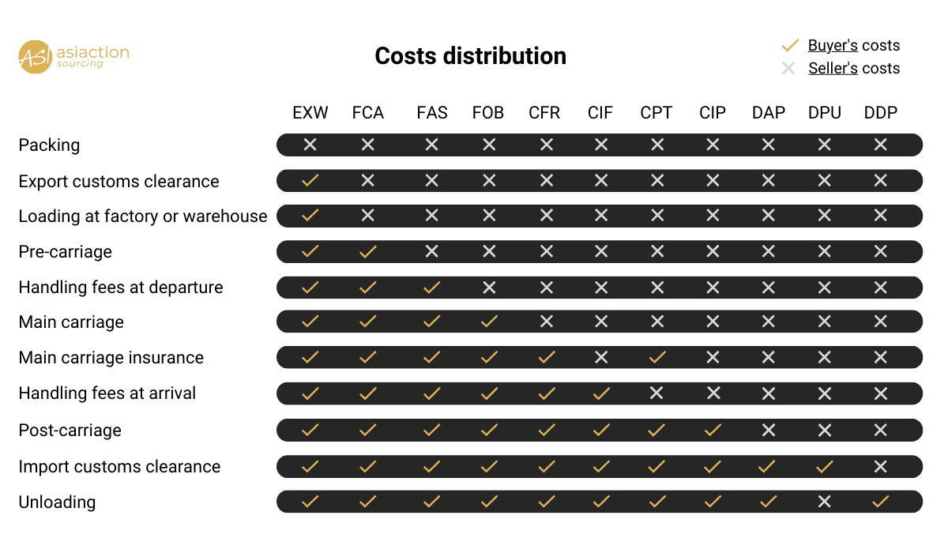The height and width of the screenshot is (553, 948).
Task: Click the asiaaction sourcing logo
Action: [73, 56]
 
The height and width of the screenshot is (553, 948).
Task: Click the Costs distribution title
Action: [470, 56]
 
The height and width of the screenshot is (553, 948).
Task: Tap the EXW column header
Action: [310, 113]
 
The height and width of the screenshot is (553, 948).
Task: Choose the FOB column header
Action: [488, 113]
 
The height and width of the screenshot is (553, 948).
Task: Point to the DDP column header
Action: [881, 113]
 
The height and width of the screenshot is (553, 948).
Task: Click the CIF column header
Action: [600, 113]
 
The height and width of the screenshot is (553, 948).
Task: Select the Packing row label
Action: [49, 145]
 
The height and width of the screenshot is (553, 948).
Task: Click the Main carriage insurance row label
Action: [111, 358]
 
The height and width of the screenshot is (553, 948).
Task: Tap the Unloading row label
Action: [57, 502]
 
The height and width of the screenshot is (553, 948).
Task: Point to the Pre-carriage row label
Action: [66, 252]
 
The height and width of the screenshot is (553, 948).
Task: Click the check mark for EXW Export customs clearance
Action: [310, 181]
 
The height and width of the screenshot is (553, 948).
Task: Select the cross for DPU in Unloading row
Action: [824, 502]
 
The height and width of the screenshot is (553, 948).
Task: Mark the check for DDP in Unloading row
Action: [881, 502]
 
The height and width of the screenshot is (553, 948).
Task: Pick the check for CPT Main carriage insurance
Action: [656, 357]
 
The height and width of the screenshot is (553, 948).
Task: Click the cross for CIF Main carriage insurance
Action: [601, 357]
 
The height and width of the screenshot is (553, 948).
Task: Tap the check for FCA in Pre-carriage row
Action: [367, 252]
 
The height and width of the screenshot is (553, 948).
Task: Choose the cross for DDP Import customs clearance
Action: [881, 466]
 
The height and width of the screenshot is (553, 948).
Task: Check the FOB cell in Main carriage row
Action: [489, 322]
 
